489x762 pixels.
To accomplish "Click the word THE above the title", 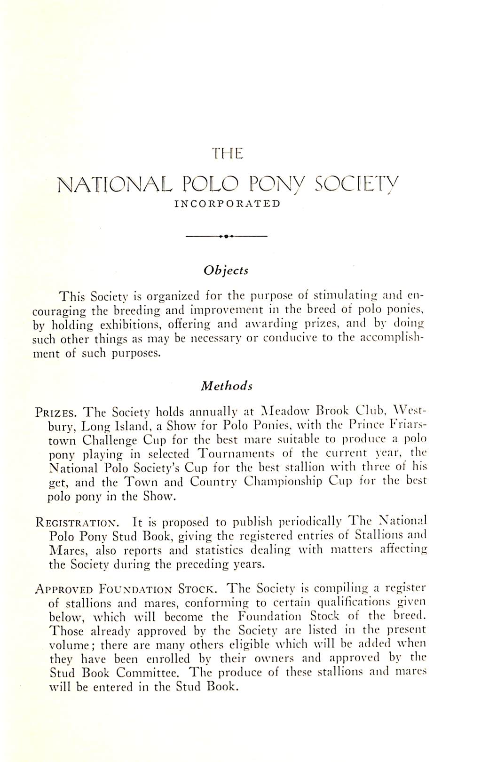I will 227,153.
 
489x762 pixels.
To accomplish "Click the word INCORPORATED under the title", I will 227,204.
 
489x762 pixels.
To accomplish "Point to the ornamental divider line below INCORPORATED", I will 227,236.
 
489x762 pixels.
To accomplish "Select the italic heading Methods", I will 227,386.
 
